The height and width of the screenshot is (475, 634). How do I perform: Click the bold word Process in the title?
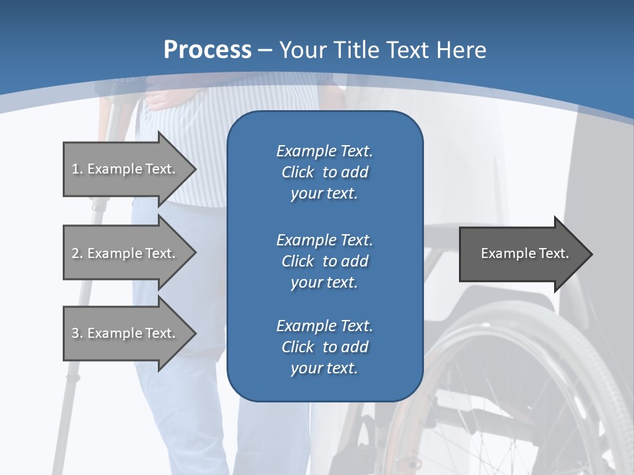pos(207,50)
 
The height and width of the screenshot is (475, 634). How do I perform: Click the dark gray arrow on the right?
pos(522,254)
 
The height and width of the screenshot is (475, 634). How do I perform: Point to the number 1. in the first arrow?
pos(77,169)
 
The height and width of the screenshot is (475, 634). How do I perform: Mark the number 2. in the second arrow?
pos(77,253)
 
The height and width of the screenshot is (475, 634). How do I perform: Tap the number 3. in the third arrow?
pos(77,333)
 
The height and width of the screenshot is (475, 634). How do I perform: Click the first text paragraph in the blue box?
pos(324,172)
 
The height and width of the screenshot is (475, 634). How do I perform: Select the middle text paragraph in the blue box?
pos(324,261)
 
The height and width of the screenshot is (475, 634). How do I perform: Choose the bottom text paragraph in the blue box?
pos(324,347)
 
